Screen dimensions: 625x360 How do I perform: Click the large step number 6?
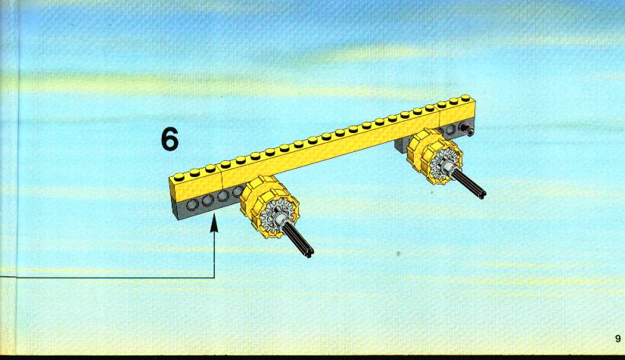click(x=169, y=139)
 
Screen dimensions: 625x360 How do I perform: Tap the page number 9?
click(x=618, y=339)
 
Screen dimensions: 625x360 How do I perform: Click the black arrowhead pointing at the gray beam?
click(x=214, y=224)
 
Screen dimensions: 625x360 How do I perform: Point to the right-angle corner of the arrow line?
click(x=214, y=277)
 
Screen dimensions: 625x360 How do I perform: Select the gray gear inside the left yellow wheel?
click(x=274, y=213)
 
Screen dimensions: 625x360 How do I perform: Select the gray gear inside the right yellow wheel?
click(x=443, y=161)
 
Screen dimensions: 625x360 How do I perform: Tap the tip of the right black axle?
click(x=481, y=194)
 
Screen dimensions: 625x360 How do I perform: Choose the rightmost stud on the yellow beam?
click(x=465, y=98)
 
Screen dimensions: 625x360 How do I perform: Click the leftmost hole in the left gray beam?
click(x=192, y=205)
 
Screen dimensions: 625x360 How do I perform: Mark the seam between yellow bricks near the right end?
click(x=440, y=117)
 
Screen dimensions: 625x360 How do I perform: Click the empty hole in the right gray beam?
click(x=450, y=130)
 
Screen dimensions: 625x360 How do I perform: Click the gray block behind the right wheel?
click(x=401, y=146)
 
